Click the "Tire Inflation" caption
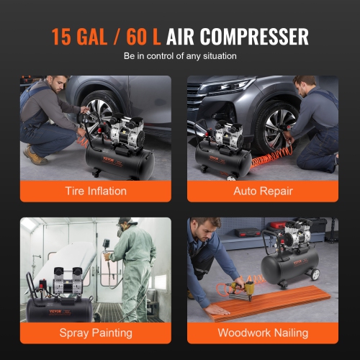point(95,191)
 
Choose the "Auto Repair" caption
point(262,191)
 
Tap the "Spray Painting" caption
point(95,333)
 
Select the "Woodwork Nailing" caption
point(262,333)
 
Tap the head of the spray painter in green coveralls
point(125,225)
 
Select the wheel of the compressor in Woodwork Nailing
point(315,274)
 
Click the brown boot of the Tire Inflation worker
point(34,156)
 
